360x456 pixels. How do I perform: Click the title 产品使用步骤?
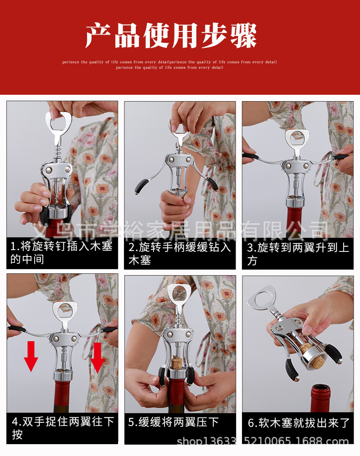[171, 35]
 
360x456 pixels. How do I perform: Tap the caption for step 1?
[62, 254]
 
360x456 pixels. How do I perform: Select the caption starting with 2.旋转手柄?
[180, 254]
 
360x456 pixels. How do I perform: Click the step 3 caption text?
[298, 254]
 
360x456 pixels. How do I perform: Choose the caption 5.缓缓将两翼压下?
[173, 422]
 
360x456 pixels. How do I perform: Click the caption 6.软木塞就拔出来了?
[298, 423]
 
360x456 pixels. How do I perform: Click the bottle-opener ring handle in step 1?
[59, 123]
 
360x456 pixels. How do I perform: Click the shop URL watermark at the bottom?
[262, 441]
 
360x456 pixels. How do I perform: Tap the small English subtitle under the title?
[170, 65]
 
